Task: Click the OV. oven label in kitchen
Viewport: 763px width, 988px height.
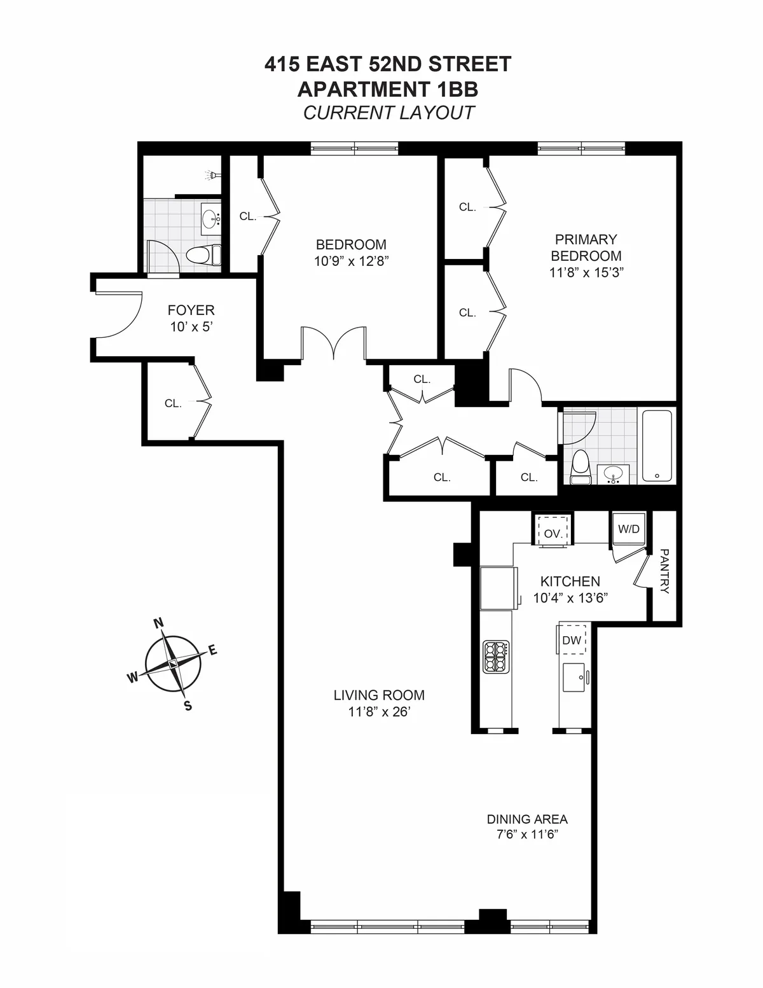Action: pos(553,534)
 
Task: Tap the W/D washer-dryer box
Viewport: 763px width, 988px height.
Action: pos(628,529)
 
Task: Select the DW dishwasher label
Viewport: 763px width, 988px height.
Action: pos(572,640)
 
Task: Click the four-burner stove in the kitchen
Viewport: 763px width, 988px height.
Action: pos(497,657)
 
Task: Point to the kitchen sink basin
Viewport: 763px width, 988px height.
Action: pos(575,678)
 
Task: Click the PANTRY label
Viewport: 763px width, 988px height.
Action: pos(664,571)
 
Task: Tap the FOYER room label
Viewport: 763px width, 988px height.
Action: pos(191,310)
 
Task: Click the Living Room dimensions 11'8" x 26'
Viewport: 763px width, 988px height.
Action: pos(379,712)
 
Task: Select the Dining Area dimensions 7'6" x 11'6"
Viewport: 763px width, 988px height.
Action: pos(527,835)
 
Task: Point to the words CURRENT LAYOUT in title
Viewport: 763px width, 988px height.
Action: pos(388,113)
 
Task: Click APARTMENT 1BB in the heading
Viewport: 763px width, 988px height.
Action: pos(388,88)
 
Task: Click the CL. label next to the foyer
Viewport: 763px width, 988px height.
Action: pos(173,403)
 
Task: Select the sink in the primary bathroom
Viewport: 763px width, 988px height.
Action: pos(613,474)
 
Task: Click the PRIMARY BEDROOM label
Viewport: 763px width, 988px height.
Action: pos(586,247)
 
